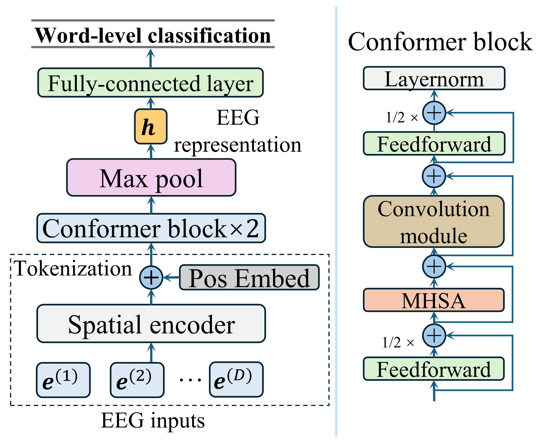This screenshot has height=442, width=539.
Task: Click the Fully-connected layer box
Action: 151,82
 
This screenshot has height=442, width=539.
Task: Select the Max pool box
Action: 151,178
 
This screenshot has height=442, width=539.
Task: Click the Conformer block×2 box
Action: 151,228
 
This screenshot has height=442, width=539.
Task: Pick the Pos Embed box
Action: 249,277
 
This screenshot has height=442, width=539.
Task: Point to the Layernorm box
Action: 434,78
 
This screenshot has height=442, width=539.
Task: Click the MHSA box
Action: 434,300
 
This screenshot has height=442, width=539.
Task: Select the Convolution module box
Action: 434,221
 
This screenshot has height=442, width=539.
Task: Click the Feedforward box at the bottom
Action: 434,369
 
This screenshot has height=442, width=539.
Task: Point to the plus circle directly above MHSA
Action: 434,266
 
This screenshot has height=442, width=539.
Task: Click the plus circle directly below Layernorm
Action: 434,113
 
